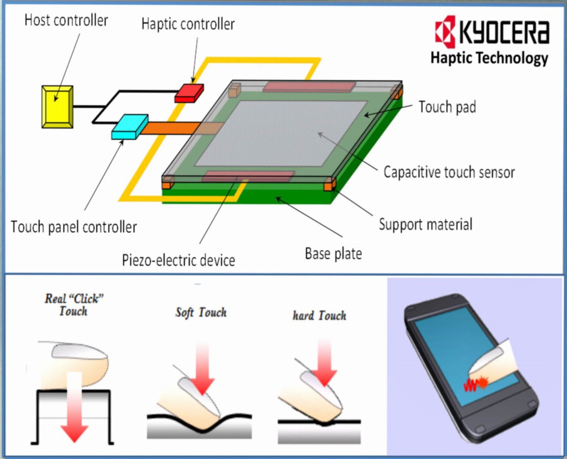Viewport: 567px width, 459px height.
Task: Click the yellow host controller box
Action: click(57, 107)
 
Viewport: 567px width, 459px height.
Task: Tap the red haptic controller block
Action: click(189, 93)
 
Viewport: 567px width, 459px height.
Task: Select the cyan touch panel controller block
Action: click(130, 127)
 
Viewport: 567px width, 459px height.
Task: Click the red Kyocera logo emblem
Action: click(445, 32)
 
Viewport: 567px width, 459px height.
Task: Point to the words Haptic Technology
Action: click(489, 59)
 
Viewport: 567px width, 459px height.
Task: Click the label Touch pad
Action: click(447, 107)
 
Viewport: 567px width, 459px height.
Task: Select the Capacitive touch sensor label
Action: click(449, 172)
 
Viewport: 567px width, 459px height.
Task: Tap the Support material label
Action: click(426, 224)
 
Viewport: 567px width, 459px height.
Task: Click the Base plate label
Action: click(333, 254)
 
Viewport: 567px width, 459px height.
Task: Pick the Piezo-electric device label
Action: click(178, 260)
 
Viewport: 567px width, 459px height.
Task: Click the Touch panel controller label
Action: click(74, 227)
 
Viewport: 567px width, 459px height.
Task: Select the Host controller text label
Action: click(66, 20)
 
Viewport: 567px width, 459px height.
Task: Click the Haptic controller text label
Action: click(188, 24)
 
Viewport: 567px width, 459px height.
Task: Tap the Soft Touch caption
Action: click(201, 313)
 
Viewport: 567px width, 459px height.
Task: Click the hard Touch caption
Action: click(319, 315)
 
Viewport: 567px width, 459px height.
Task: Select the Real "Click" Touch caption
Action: click(74, 305)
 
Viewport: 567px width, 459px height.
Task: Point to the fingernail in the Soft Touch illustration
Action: click(198, 397)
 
